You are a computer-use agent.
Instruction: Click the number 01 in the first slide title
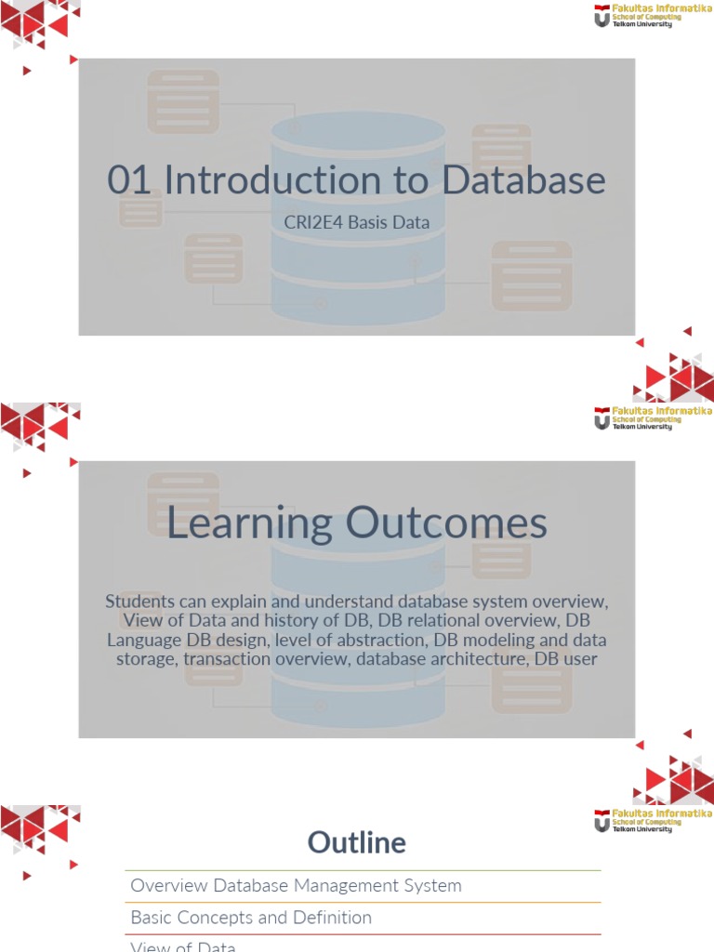(x=129, y=180)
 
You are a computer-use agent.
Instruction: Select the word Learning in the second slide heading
(x=249, y=523)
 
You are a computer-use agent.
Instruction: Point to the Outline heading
(x=357, y=843)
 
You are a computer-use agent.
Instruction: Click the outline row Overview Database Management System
(x=297, y=886)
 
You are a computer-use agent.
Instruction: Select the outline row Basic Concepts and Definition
(x=251, y=918)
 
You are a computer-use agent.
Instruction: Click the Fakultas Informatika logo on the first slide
(x=653, y=17)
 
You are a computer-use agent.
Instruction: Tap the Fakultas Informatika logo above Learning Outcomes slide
(x=653, y=418)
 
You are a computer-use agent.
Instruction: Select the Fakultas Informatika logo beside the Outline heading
(x=653, y=821)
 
